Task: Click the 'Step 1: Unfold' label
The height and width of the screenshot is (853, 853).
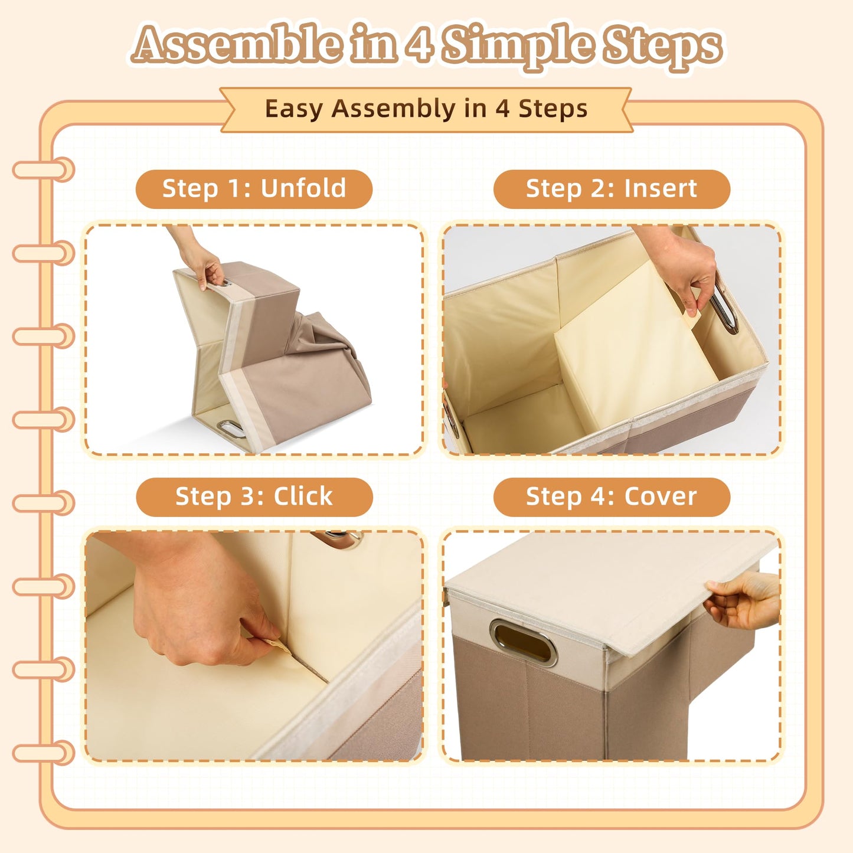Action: tap(254, 188)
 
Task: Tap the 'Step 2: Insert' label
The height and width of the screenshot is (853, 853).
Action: tap(612, 188)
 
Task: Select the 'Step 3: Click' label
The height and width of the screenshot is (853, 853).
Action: tap(254, 496)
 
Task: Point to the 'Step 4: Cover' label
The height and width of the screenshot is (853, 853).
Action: tap(612, 496)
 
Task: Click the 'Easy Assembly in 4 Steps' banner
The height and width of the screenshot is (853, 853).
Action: tap(426, 109)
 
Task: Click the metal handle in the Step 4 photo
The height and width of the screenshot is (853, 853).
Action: tap(523, 643)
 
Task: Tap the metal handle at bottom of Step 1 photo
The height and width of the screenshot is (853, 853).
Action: tap(231, 429)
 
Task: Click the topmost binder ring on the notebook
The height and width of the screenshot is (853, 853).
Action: tap(44, 169)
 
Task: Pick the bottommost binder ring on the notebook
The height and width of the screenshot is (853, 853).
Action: tap(44, 753)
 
